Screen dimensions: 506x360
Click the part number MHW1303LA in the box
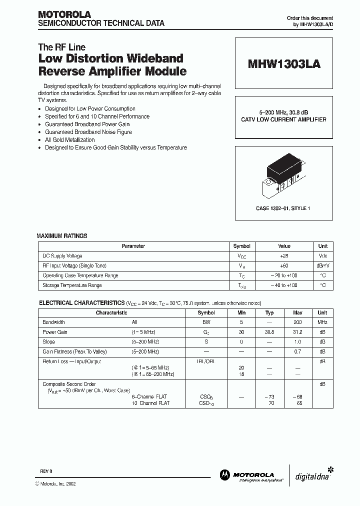pyautogui.click(x=284, y=64)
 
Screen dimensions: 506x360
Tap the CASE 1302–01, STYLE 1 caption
pyautogui.click(x=283, y=208)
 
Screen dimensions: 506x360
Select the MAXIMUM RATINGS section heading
pyautogui.click(x=62, y=235)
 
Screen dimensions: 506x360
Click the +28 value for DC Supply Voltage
pyautogui.click(x=284, y=256)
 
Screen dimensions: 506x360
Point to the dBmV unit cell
pyautogui.click(x=323, y=265)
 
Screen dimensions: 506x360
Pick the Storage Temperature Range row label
pyautogui.click(x=72, y=285)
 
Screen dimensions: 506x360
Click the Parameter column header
pyautogui.click(x=133, y=246)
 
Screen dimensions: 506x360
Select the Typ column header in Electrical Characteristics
pyautogui.click(x=269, y=312)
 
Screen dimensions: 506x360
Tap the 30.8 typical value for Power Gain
pyautogui.click(x=269, y=332)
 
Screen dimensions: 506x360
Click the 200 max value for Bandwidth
pyautogui.click(x=298, y=322)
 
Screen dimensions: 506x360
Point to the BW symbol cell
pyautogui.click(x=206, y=322)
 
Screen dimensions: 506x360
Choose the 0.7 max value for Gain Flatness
pyautogui.click(x=298, y=351)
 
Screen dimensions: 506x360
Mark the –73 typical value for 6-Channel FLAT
pyautogui.click(x=269, y=396)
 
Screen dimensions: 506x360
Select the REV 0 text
pyautogui.click(x=46, y=472)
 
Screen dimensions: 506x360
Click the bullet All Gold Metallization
pyautogui.click(x=69, y=140)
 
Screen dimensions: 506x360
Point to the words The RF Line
pyautogui.click(x=62, y=47)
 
